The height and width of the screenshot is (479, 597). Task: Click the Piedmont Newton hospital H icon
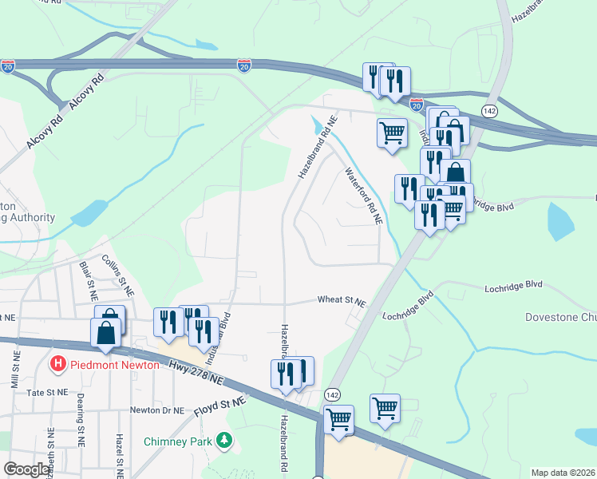click(58, 364)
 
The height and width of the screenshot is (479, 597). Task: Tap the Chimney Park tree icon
click(226, 440)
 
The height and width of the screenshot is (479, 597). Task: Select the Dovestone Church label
click(560, 317)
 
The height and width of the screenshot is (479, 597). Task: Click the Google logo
click(27, 469)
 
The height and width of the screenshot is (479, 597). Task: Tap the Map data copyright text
click(563, 473)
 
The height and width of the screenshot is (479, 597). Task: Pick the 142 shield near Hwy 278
click(333, 394)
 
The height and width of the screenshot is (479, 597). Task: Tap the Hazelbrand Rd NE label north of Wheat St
click(318, 146)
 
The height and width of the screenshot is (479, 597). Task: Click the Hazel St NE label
click(118, 452)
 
